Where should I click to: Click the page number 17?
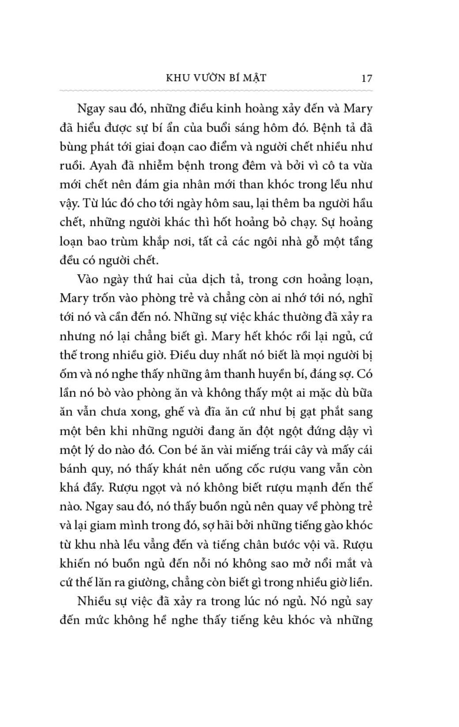click(x=367, y=78)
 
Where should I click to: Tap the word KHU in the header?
click(x=177, y=78)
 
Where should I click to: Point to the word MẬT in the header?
click(x=255, y=78)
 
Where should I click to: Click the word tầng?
click(x=361, y=241)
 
